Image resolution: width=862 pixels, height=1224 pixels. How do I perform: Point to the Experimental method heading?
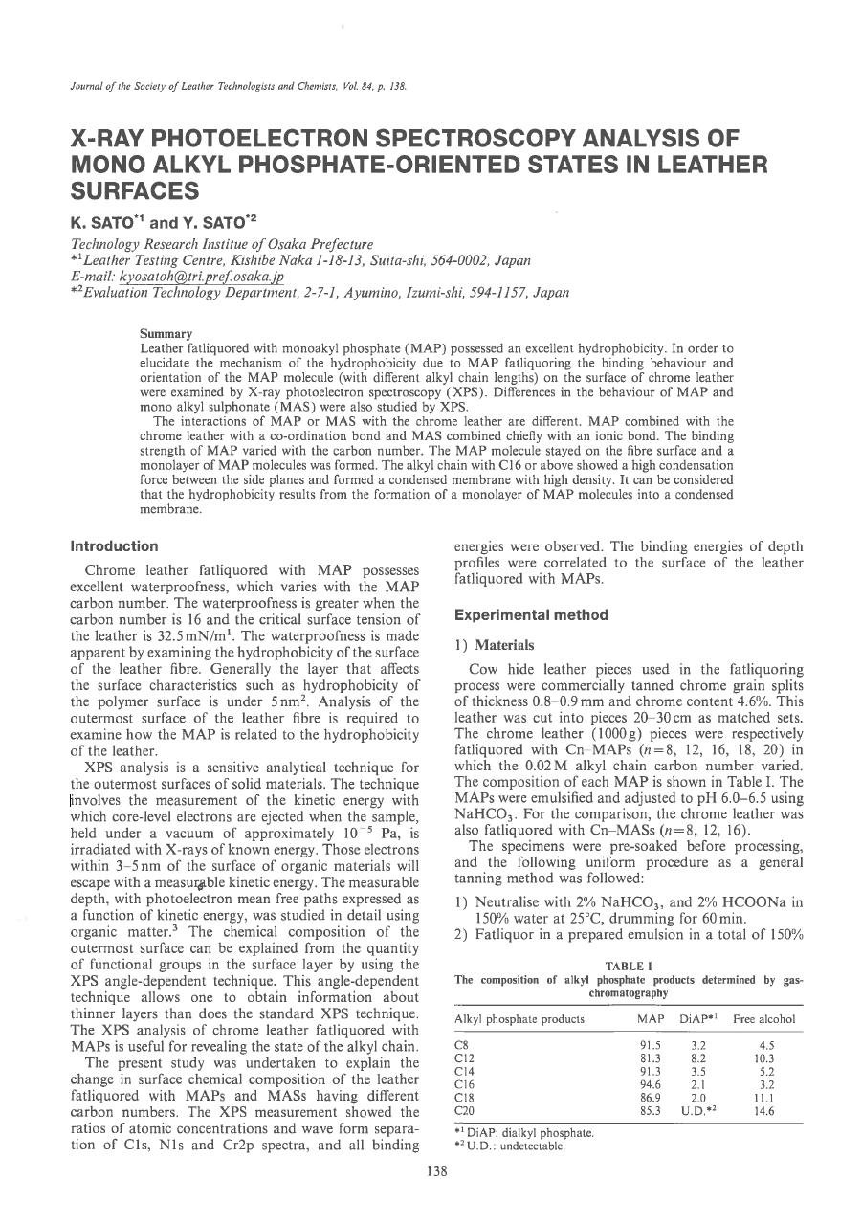pyautogui.click(x=518, y=614)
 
